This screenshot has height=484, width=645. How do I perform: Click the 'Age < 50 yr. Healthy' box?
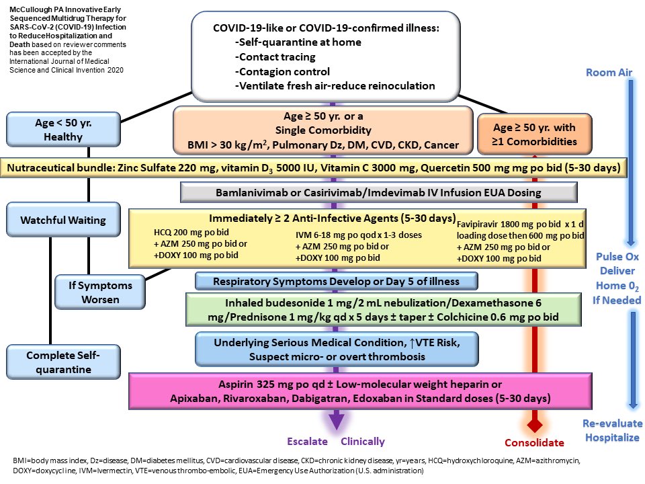coord(63,130)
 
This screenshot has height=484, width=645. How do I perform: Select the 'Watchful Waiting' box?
coord(63,220)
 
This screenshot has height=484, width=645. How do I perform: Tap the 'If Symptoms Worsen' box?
coord(100,292)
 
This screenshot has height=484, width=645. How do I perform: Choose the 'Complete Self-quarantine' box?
coord(63,362)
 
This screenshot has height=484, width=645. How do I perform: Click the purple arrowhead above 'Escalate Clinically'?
coord(336,420)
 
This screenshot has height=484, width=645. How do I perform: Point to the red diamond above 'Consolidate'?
coord(534,425)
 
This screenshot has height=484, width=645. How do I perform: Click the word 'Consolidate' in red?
coord(534,443)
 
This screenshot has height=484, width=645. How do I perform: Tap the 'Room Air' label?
coord(609,73)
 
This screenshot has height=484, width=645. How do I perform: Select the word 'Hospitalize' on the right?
coord(612,438)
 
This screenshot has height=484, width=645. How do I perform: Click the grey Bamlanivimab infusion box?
coord(378,193)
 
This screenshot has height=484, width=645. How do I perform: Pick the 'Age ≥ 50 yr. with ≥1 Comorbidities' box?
coord(534,134)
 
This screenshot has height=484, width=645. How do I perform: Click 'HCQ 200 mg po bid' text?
coord(191,232)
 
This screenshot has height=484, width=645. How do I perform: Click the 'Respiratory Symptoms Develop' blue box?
coord(336,281)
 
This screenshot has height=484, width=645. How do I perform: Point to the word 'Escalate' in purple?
coord(307,442)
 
